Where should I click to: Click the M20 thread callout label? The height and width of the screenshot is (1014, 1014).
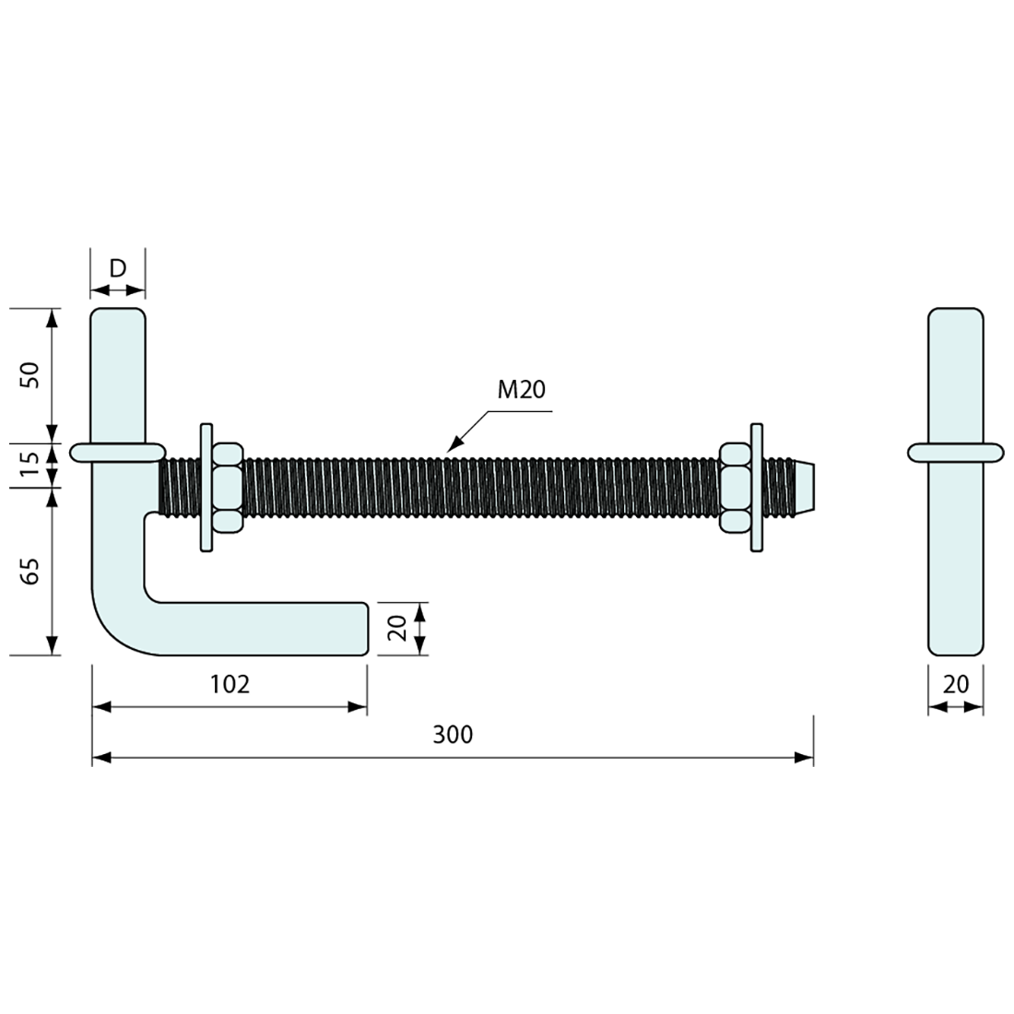[x=522, y=390]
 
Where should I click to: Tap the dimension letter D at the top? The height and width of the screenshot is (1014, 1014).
[x=117, y=268]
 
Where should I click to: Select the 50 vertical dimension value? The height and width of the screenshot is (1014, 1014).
[x=31, y=374]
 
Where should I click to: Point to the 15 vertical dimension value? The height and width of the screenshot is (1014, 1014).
[x=31, y=467]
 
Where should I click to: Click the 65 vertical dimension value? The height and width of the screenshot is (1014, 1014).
[x=31, y=572]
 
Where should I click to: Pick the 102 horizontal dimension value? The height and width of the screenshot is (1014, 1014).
[x=230, y=684]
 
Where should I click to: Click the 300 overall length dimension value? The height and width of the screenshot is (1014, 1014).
[x=453, y=735]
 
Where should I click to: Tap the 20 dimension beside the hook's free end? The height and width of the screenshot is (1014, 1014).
[x=398, y=629]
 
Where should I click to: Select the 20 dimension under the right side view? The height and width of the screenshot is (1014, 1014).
[x=956, y=684]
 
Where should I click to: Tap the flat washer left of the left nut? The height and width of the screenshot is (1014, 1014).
[x=206, y=488]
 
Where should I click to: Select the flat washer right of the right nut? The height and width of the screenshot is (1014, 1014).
[x=757, y=488]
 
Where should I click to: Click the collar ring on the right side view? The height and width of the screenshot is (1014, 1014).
[x=956, y=452]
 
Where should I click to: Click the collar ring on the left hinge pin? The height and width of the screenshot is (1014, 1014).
[x=118, y=452]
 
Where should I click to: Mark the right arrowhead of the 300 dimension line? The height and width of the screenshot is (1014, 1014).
[x=805, y=759]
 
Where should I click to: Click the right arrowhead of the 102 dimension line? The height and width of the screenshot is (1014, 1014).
[x=358, y=708]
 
